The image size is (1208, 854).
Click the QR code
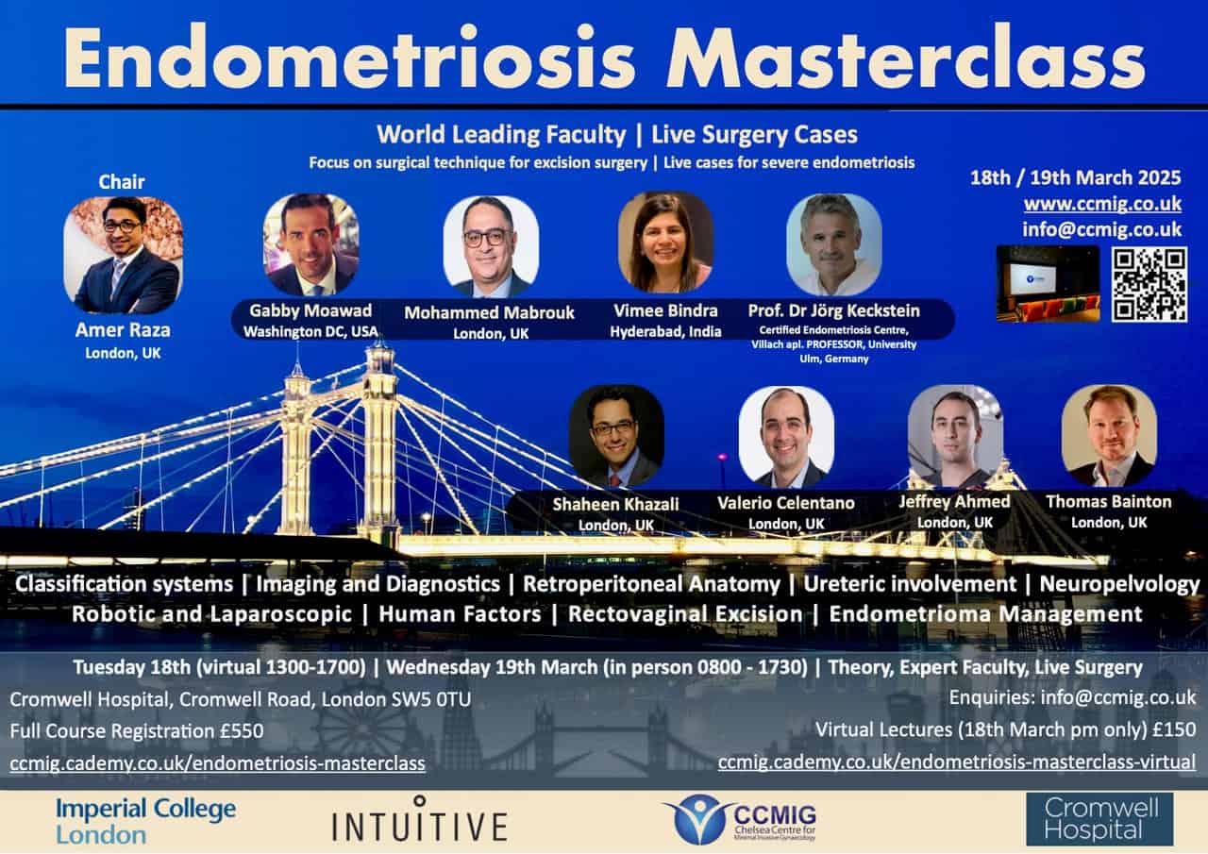pos(1149,284)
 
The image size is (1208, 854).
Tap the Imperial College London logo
pos(145,821)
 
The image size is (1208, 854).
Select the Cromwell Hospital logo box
pos(1099,819)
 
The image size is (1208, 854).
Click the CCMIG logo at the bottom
pos(740,819)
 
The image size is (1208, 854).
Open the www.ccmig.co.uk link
pos(1102,204)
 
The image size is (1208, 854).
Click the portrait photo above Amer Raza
pos(123,255)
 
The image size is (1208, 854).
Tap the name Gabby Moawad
pos(310,310)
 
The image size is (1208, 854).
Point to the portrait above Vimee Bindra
pos(665,243)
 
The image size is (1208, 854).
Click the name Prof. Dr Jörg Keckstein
pos(833,310)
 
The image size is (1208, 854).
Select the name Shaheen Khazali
pos(615,504)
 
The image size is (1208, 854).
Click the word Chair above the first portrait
pos(122,182)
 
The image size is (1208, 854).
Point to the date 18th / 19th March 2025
pos(1075,178)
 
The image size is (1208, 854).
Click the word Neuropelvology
pos(1119,584)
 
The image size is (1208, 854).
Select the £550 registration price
pos(242,730)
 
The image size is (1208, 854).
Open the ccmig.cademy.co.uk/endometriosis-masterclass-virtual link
pos(957,762)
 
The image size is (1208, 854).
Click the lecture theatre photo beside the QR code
pos(1048,284)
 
